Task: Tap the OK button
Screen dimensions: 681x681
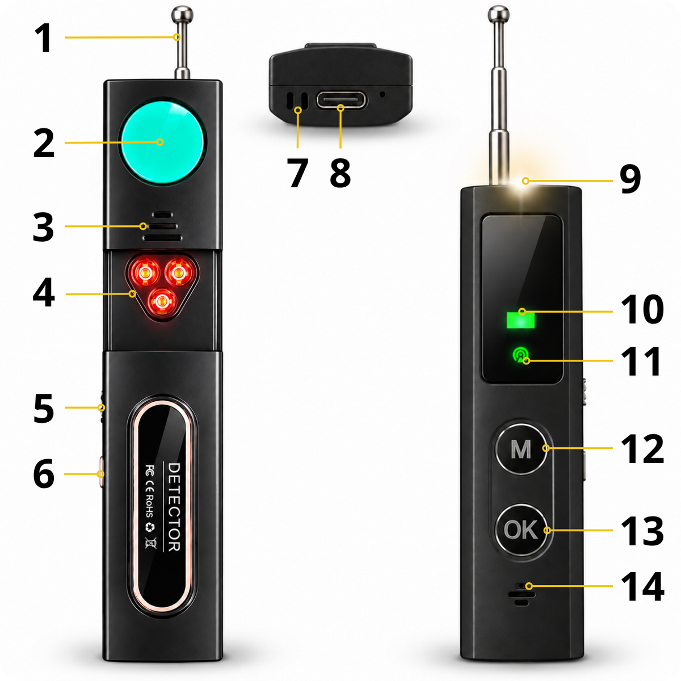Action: (x=522, y=530)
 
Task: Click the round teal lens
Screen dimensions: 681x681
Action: (x=163, y=142)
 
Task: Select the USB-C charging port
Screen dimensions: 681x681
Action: (x=342, y=100)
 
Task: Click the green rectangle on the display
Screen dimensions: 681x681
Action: (x=520, y=320)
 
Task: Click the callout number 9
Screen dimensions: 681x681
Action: (x=630, y=180)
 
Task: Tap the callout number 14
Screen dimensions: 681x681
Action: (x=642, y=587)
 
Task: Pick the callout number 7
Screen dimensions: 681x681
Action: (x=298, y=173)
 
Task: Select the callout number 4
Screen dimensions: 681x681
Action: (x=44, y=293)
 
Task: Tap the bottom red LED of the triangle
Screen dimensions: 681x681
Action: (x=162, y=301)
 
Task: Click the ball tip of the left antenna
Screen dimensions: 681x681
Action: (x=182, y=15)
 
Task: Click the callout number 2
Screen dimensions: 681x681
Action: (x=44, y=143)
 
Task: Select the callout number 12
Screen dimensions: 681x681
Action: (x=642, y=449)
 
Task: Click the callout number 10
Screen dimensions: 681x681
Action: (x=642, y=310)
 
